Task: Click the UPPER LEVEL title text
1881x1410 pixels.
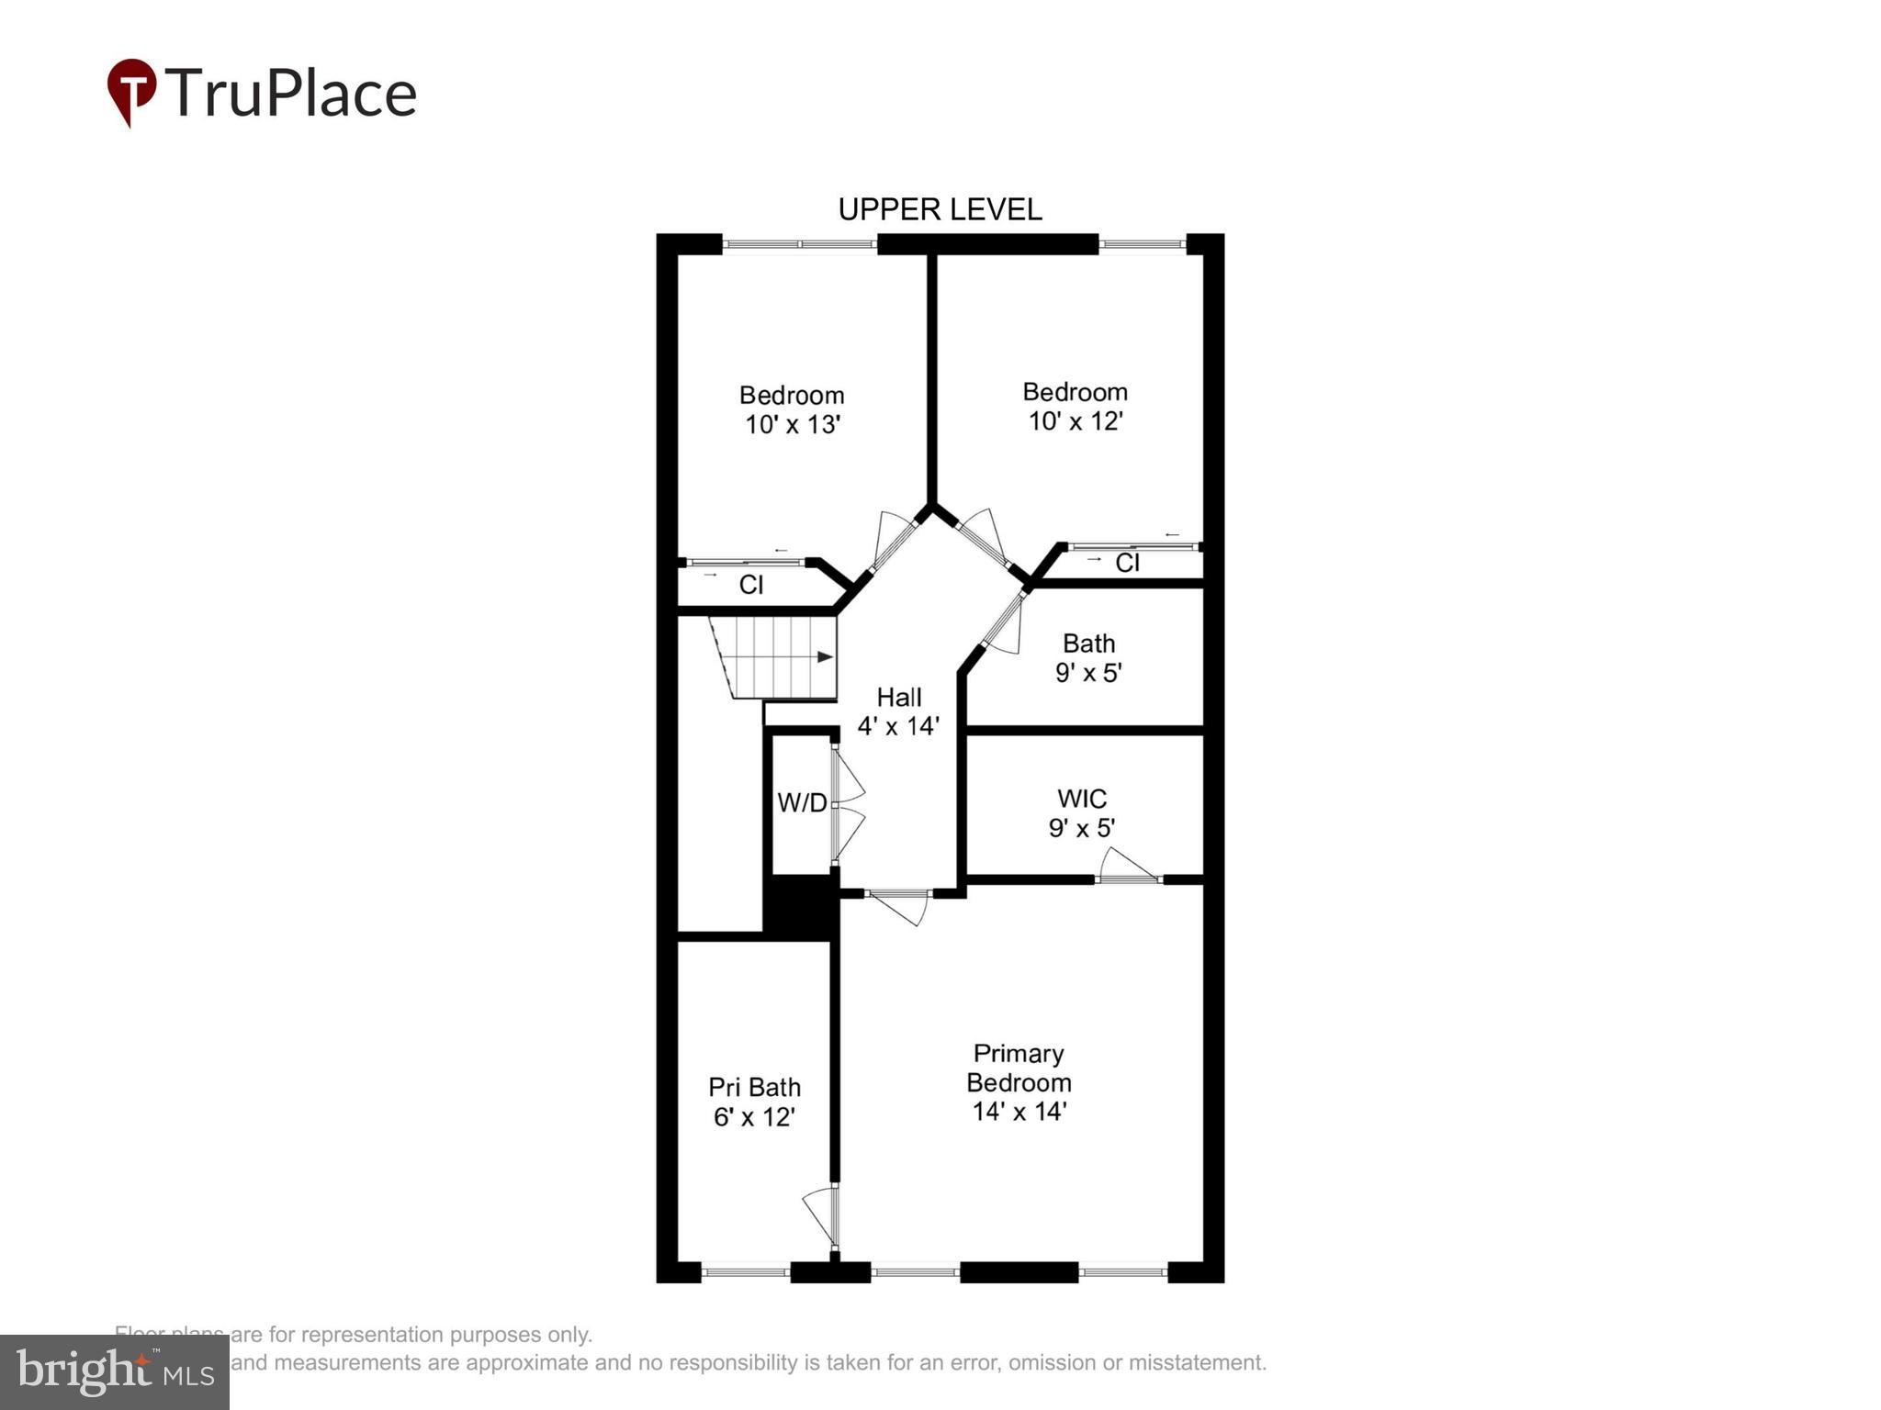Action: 940,209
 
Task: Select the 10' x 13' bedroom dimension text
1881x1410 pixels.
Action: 793,425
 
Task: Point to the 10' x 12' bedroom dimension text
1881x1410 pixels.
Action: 1075,421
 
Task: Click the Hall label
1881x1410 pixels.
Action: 898,698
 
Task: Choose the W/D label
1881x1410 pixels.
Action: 802,803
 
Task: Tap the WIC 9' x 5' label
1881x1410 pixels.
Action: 1082,813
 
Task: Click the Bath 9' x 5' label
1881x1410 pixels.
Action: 1088,658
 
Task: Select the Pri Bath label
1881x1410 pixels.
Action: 754,1088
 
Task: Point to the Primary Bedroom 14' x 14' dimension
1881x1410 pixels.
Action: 1019,1112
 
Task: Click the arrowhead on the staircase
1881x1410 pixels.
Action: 825,657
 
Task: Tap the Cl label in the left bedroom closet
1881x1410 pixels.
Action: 750,585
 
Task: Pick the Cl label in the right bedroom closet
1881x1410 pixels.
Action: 1127,563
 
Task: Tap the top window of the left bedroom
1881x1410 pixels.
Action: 799,244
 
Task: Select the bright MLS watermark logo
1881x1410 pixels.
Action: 115,1372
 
